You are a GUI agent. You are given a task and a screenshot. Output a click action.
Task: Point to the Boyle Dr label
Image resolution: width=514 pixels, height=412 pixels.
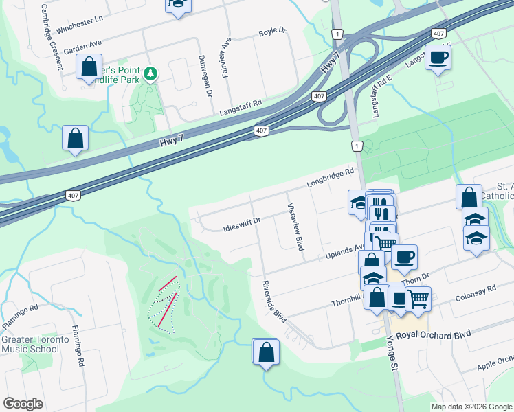[271, 32]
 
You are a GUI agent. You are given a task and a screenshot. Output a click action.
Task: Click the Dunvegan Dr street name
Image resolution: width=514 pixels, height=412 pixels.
[205, 76]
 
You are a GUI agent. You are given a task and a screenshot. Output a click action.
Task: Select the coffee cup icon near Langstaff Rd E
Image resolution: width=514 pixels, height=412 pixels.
[438, 58]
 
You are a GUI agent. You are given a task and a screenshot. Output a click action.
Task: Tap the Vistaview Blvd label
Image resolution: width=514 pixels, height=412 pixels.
[294, 227]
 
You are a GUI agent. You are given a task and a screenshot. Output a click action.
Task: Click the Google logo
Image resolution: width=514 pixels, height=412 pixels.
[23, 404]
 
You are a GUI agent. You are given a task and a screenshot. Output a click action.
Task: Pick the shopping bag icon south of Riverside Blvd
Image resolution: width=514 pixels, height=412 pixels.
[266, 353]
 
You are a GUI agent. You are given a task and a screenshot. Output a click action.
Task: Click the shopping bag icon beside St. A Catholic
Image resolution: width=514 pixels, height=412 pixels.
[469, 196]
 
